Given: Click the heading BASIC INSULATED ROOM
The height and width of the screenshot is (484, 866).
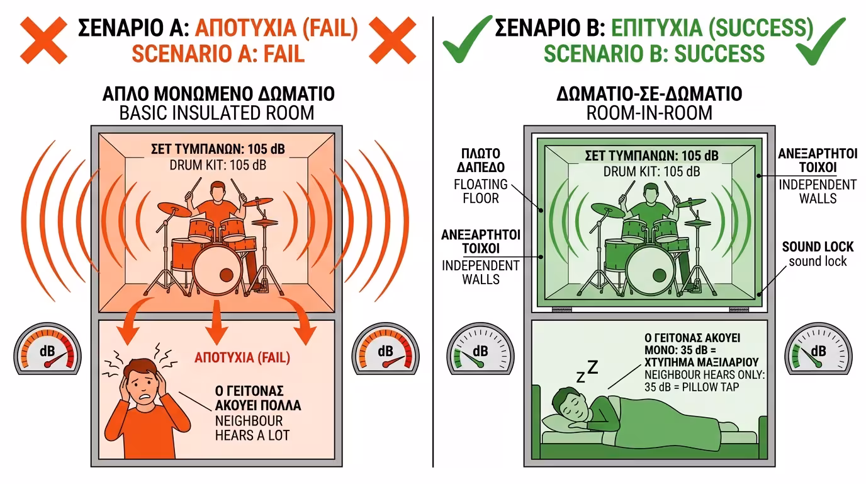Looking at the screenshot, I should click(x=218, y=114).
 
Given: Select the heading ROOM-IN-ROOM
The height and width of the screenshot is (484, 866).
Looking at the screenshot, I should click(x=649, y=113).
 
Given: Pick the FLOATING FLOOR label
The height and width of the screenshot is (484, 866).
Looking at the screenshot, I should click(x=481, y=191).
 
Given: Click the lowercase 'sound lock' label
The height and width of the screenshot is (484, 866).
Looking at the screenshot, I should click(x=818, y=261).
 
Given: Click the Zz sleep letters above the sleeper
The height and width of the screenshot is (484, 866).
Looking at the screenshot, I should click(x=587, y=372).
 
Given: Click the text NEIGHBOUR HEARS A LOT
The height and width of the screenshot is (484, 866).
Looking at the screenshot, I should click(x=249, y=427).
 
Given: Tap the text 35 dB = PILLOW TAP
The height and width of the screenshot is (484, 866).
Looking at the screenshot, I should click(x=692, y=387).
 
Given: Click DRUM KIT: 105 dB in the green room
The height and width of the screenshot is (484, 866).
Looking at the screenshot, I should click(x=651, y=171).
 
